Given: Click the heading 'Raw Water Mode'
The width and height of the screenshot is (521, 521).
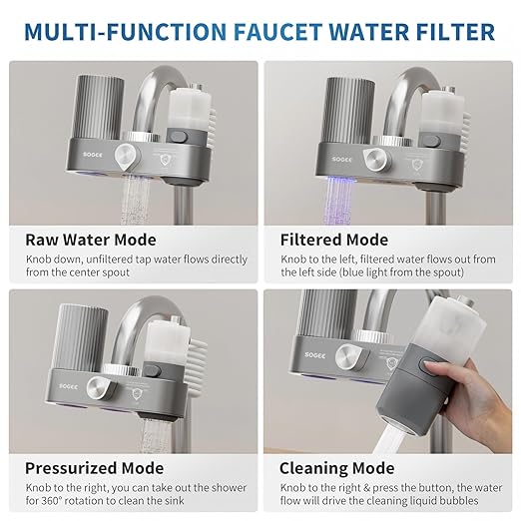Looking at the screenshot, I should click(x=90, y=240).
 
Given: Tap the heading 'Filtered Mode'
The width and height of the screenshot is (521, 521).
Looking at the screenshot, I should click(x=336, y=240).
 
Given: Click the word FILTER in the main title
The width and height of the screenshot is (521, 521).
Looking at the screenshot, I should click(x=455, y=31).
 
